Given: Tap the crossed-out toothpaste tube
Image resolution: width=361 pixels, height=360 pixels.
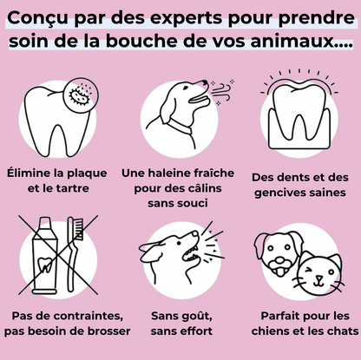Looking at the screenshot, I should (43, 259).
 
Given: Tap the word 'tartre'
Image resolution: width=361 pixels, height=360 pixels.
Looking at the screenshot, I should (82, 187).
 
